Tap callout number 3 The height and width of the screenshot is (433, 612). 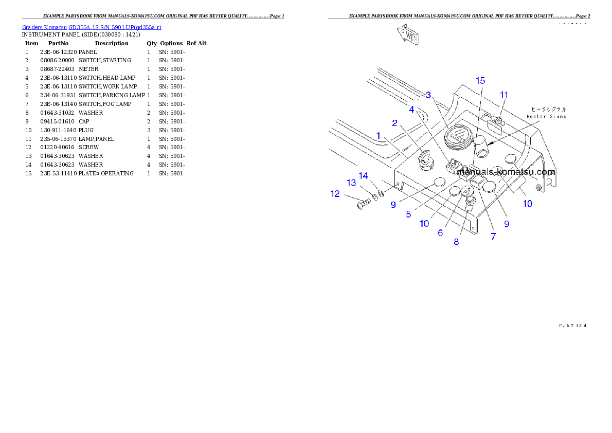point(428,95)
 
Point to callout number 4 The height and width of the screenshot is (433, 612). point(411,109)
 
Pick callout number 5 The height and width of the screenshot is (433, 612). point(408,214)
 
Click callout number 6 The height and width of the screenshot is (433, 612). point(440,232)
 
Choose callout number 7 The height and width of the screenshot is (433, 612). point(493,237)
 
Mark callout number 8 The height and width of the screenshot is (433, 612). point(456,242)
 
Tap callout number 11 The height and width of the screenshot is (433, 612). point(504,95)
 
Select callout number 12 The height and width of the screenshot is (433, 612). point(335,194)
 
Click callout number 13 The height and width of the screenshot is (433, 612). point(351,183)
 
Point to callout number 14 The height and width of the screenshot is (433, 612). point(364,176)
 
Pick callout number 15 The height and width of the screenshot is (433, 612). point(480,81)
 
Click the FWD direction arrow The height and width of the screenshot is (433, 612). point(407,36)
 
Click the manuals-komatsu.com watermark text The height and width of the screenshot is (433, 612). point(506,172)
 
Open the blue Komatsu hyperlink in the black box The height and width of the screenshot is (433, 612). point(92,27)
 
